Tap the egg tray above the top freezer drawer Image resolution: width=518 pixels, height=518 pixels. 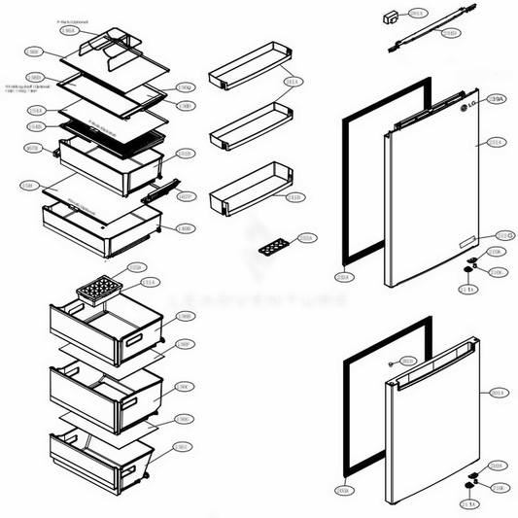(x=98, y=290)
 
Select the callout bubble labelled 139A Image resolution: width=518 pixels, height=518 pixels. (x=495, y=99)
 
